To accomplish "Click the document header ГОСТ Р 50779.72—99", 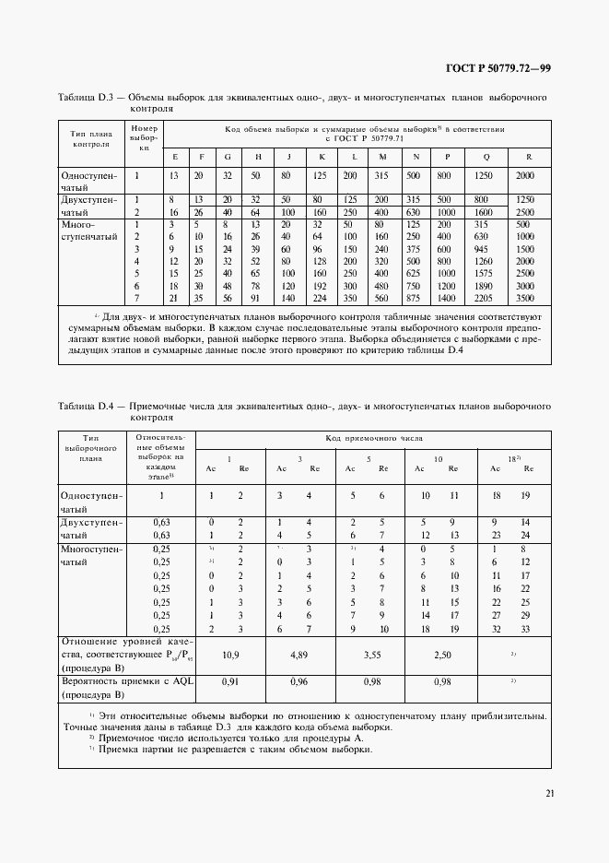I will pos(498,69).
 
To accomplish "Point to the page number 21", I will pos(548,793).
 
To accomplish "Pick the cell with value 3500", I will pos(525,299).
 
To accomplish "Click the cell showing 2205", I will pos(483,299).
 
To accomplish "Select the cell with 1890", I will pos(483,287).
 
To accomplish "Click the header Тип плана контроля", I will pos(91,138).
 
